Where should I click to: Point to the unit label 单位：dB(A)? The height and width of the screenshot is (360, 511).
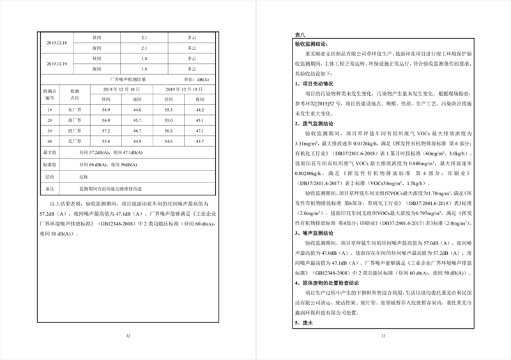[x=196, y=79]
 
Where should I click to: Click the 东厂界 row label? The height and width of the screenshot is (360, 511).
[x=75, y=110]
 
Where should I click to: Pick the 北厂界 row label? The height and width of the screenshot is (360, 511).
[x=75, y=141]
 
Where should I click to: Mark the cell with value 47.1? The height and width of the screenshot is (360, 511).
[x=199, y=131]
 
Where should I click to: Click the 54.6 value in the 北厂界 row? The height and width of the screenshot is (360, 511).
[x=168, y=141]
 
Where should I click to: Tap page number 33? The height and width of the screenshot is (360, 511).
[x=383, y=336]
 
